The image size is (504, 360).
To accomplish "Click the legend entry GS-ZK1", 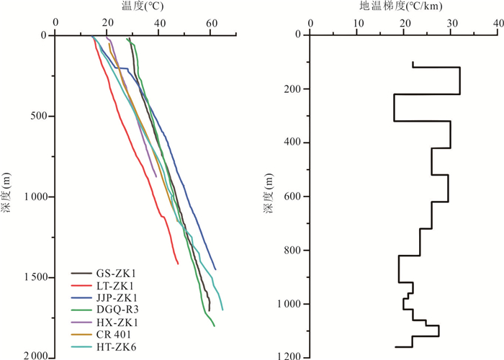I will (116, 274).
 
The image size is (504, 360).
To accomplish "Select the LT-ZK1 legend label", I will (115, 286).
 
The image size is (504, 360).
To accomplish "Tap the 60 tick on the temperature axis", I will (211, 23).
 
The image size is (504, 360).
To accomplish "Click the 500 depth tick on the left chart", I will (36, 116).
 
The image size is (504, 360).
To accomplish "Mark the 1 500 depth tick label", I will (32, 277).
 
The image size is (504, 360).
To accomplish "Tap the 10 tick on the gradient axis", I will (358, 23).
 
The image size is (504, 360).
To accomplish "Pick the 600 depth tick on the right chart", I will (290, 197).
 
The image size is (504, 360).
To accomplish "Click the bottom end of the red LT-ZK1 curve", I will (178, 264).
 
